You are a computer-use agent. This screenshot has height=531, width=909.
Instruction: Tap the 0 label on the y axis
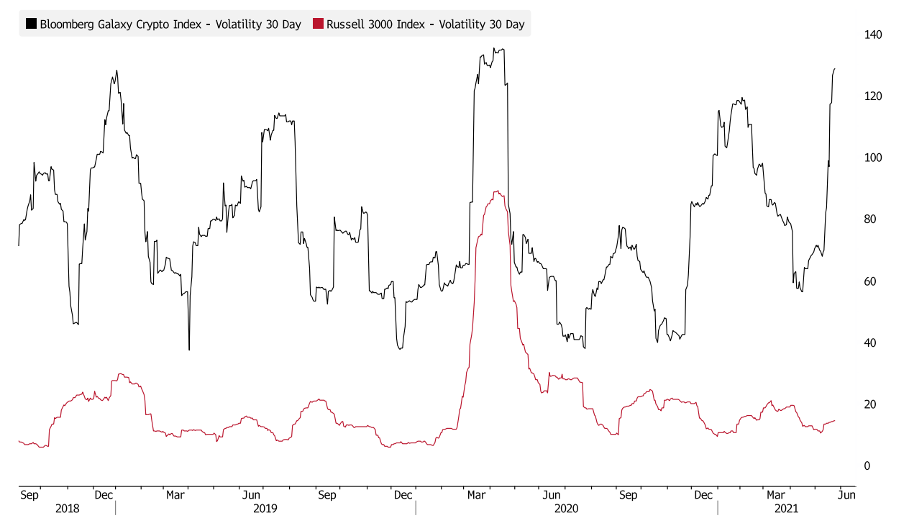[867, 466]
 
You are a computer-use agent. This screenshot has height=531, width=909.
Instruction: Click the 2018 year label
[67, 509]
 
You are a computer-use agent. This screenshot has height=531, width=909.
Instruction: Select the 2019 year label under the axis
[265, 509]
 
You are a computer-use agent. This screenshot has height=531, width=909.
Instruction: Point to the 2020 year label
[566, 509]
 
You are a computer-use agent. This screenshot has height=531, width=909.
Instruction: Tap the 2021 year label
[786, 509]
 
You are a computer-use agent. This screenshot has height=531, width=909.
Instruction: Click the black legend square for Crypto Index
[31, 24]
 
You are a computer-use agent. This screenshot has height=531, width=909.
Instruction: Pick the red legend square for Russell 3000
[318, 24]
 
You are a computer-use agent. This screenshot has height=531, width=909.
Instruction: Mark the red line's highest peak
[496, 191]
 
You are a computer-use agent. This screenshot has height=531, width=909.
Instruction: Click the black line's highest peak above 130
[495, 49]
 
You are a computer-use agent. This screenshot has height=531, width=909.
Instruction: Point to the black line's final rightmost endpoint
[835, 68]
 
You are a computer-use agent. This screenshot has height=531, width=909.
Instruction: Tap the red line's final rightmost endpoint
[835, 420]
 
